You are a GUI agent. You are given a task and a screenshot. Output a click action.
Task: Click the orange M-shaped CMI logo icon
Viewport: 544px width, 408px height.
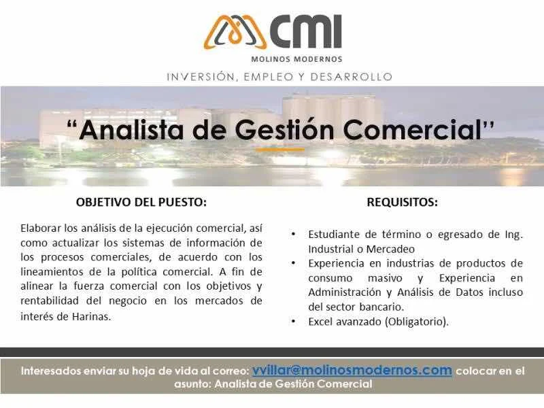point(235,32)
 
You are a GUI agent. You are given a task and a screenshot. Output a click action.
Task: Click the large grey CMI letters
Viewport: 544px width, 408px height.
point(305,31)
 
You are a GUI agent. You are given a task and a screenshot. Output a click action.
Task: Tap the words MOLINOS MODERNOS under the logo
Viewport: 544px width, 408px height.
point(296,59)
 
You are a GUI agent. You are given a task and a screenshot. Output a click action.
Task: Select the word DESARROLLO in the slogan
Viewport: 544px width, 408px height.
point(351,77)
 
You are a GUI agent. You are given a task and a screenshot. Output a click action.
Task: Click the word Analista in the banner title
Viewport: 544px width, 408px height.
point(131,130)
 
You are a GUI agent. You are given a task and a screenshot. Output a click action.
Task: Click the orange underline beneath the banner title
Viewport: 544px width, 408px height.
point(280,150)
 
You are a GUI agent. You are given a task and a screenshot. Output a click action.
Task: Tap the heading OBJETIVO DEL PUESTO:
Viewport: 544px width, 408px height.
point(141,202)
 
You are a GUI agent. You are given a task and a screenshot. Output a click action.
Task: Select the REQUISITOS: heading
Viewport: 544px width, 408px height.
point(402,202)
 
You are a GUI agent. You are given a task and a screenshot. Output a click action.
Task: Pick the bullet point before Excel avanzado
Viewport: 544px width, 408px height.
point(294,322)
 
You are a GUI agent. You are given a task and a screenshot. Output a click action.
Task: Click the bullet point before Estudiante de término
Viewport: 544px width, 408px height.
point(294,235)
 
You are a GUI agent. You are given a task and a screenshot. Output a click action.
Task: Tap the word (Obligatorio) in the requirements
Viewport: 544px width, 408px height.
point(415,322)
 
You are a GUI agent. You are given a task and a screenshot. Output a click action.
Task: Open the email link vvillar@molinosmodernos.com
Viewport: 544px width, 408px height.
point(352,370)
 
